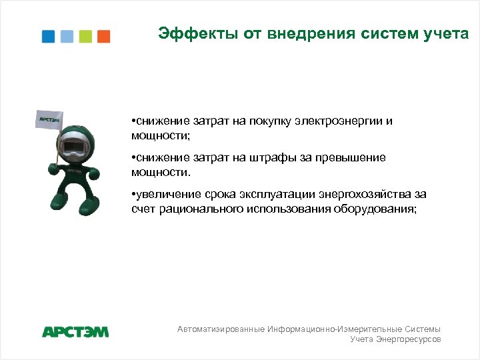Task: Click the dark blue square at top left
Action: point(48,37)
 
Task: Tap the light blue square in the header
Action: point(67,37)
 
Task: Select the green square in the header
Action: point(85,37)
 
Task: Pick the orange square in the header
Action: point(103,37)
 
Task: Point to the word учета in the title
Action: point(447,33)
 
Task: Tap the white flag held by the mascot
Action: point(49,120)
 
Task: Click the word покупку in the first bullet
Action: point(271,122)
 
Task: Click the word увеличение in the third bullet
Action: point(165,195)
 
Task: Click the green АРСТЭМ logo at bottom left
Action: point(75,331)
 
